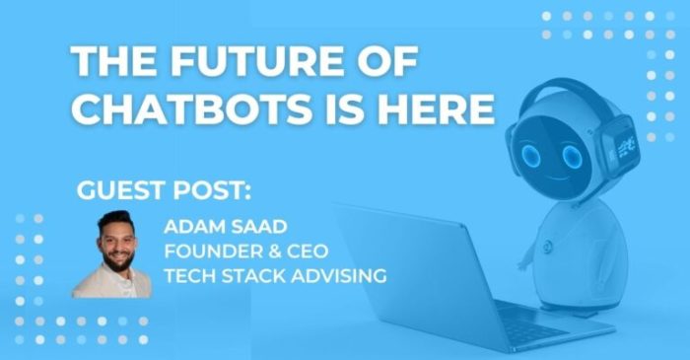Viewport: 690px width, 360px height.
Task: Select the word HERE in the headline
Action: click(x=438, y=109)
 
